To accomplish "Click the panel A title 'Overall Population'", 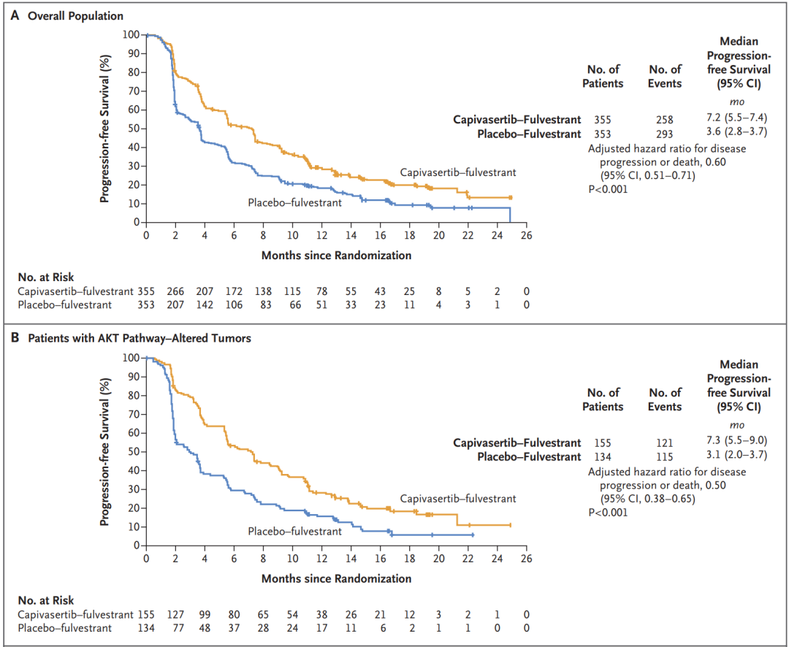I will (75, 15).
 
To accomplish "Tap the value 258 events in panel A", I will (665, 119).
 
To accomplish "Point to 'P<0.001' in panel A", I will (608, 188).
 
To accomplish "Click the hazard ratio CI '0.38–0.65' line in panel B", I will (647, 499).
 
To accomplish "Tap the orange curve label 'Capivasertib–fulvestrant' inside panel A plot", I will (458, 172).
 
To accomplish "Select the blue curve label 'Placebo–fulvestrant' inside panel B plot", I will (294, 531).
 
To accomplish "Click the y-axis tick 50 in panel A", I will (132, 129).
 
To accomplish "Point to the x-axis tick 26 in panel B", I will (526, 559).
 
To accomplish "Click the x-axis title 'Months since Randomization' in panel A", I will (336, 256).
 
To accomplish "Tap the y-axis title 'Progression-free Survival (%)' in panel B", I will (106, 451).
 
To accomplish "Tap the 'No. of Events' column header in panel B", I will (665, 399).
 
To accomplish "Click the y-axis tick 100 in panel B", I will (130, 358).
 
